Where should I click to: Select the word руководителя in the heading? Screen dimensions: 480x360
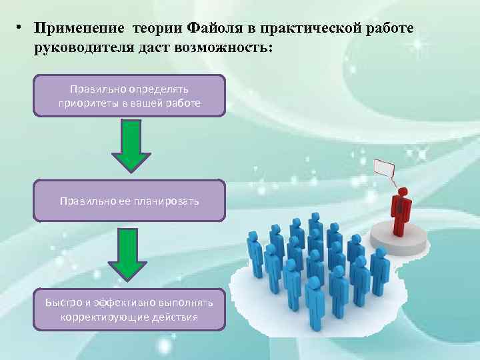point(81,49)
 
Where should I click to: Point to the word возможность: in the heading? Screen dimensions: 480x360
point(227,49)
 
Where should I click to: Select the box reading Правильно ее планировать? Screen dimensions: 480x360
point(129,201)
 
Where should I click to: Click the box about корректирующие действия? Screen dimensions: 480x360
point(129,309)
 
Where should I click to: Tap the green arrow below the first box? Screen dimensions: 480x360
point(130,145)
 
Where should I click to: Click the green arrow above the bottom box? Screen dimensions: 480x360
point(130,253)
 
